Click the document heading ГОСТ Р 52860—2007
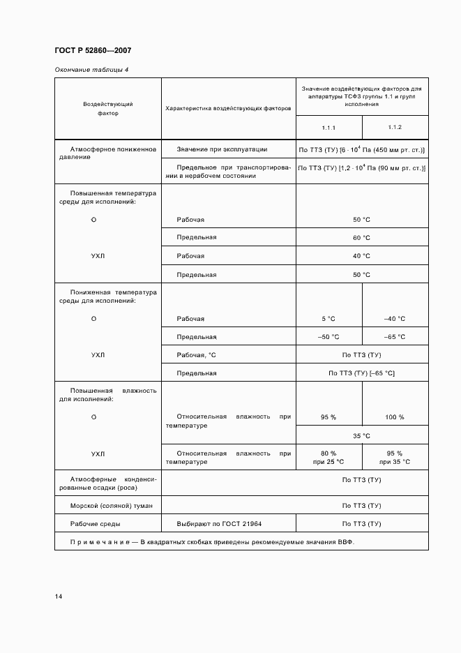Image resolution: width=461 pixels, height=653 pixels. tap(92, 51)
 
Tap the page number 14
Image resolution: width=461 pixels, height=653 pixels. tap(59, 596)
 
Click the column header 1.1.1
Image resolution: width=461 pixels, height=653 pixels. tap(328, 128)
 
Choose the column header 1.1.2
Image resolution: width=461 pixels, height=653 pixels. tap(394, 128)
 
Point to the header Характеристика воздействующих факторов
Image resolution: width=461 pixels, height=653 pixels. tap(228, 109)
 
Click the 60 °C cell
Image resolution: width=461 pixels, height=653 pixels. tap(361, 237)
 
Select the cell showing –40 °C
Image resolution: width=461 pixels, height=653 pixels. tap(394, 319)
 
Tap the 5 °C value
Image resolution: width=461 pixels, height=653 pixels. tap(328, 319)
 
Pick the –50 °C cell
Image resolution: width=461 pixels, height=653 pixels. tap(328, 337)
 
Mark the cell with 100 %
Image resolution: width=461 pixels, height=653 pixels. tap(394, 417)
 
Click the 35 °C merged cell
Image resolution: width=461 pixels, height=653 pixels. tap(361, 435)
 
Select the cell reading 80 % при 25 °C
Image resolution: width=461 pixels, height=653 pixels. tap(328, 458)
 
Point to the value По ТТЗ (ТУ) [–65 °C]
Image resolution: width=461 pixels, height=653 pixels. tap(361, 373)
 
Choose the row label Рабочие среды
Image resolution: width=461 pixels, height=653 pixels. tap(95, 523)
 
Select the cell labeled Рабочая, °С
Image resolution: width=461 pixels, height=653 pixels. tap(197, 355)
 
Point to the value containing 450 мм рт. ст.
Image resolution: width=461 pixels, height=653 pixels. tap(361, 150)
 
